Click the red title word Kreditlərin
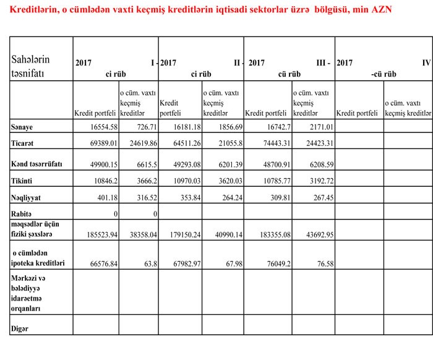[29, 11]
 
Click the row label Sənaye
[22, 127]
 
